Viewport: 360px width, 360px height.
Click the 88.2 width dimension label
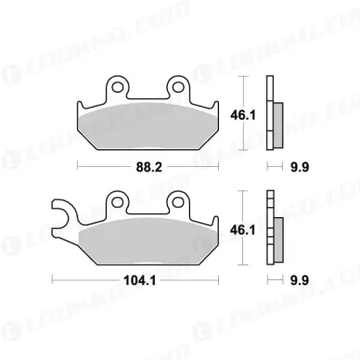click(149, 167)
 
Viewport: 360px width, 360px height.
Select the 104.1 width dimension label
click(140, 280)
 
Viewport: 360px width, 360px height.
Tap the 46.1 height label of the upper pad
click(243, 116)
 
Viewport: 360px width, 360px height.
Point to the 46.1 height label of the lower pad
click(243, 230)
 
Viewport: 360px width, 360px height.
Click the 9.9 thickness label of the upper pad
click(300, 167)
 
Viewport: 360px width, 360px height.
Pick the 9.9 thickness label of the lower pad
click(300, 280)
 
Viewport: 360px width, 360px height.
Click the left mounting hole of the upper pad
click(118, 87)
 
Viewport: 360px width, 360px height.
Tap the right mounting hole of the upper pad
click(178, 87)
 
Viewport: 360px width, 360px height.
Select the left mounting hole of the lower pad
click(118, 202)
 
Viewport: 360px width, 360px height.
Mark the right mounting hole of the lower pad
click(178, 202)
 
